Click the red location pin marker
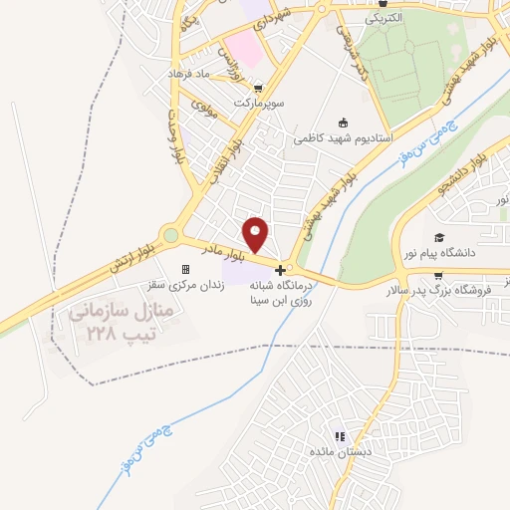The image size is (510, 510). pyautogui.click(x=256, y=234)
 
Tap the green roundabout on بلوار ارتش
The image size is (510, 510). pyautogui.click(x=171, y=236)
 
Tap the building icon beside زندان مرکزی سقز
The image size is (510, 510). pyautogui.click(x=184, y=270)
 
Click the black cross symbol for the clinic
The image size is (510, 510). pyautogui.click(x=282, y=270)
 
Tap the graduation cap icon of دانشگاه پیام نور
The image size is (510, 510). pyautogui.click(x=439, y=237)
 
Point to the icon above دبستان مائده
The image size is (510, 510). pyautogui.click(x=341, y=436)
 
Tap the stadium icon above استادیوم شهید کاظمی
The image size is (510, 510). pyautogui.click(x=344, y=124)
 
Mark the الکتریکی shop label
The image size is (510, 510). pyautogui.click(x=383, y=18)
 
